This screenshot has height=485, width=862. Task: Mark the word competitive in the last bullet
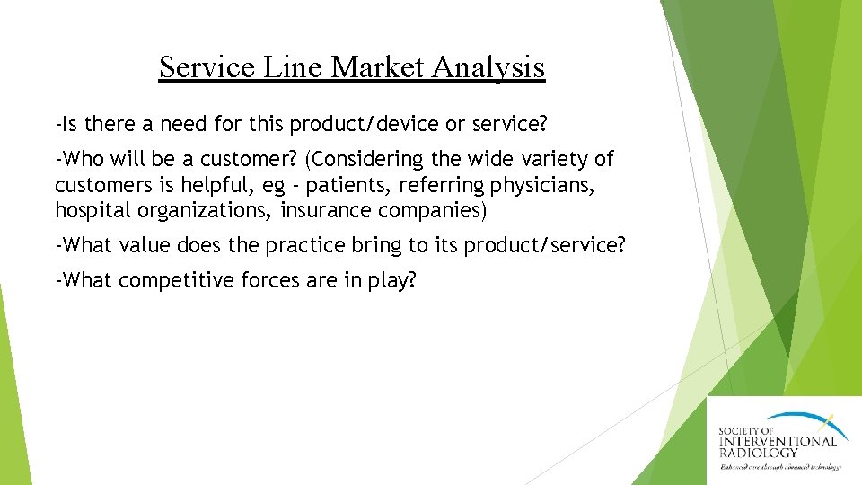176,280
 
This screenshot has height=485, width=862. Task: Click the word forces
271,280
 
